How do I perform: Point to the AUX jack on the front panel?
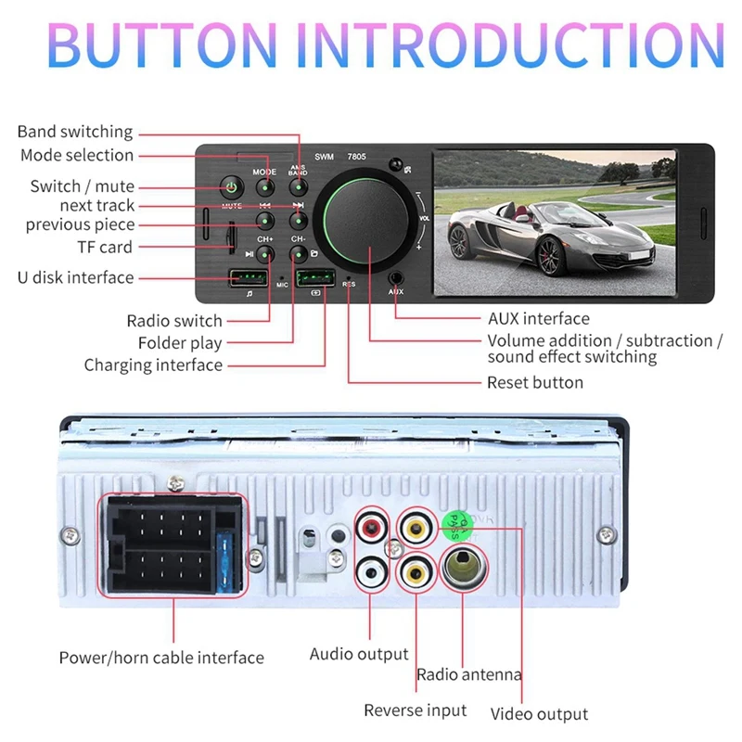[397, 276]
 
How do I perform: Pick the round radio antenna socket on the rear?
[462, 569]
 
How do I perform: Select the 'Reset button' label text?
[535, 382]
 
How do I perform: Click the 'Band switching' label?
[75, 132]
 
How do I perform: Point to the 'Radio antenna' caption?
[469, 675]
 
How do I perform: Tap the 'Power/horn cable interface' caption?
[161, 658]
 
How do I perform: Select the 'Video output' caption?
[539, 713]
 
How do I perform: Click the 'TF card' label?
[105, 247]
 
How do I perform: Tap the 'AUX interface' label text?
[538, 319]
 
